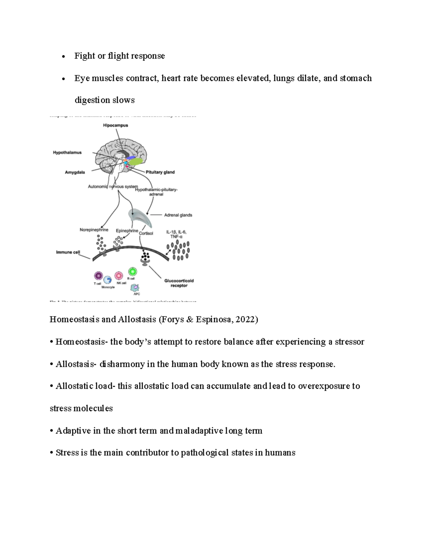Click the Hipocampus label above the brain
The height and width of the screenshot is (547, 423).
tap(115, 125)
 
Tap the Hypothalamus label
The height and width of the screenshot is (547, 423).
tap(67, 153)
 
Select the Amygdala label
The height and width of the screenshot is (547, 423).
tap(75, 172)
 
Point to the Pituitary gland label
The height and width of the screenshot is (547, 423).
tap(160, 172)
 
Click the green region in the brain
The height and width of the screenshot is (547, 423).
tap(136, 162)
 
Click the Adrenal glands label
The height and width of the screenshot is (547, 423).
tap(178, 215)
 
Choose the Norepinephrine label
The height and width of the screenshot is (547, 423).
tap(94, 230)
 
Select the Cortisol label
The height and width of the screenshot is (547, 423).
tap(146, 233)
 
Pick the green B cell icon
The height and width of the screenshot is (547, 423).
tap(133, 272)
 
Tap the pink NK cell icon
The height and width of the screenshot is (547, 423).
tap(119, 275)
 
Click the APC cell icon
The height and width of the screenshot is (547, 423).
tap(135, 288)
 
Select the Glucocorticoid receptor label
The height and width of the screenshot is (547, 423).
tap(179, 283)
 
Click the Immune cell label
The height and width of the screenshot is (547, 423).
tap(68, 252)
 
